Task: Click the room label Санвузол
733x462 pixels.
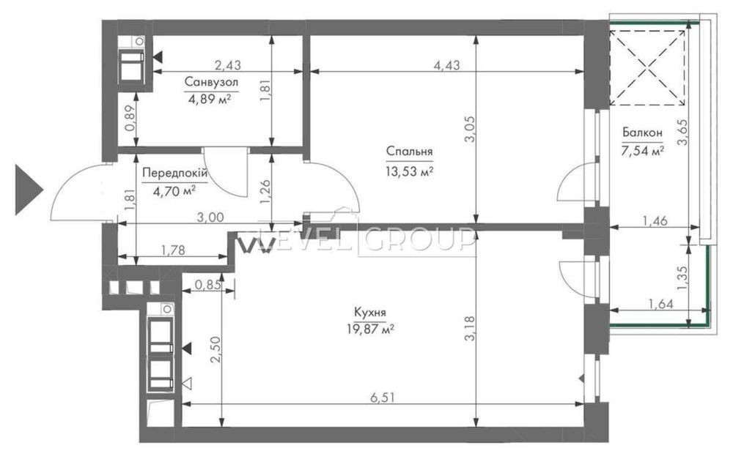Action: click(x=211, y=82)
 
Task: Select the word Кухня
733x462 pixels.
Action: click(x=369, y=312)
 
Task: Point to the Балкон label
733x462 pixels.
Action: click(x=642, y=133)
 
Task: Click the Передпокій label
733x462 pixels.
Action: click(x=174, y=174)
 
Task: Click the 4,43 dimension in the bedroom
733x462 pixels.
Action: click(x=446, y=65)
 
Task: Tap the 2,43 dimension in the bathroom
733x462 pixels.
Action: click(x=228, y=65)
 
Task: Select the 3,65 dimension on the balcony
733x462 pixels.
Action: click(x=682, y=133)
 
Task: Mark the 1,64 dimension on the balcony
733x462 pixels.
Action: click(x=660, y=304)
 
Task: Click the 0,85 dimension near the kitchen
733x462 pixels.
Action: click(x=208, y=285)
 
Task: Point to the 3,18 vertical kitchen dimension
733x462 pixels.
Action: click(x=470, y=328)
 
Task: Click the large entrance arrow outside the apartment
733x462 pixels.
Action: click(x=29, y=190)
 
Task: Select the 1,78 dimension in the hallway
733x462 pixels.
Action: click(x=173, y=250)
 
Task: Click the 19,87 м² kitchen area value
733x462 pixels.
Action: click(x=369, y=329)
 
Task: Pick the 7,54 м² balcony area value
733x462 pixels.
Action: click(x=643, y=151)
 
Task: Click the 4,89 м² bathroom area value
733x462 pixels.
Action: click(x=210, y=100)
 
